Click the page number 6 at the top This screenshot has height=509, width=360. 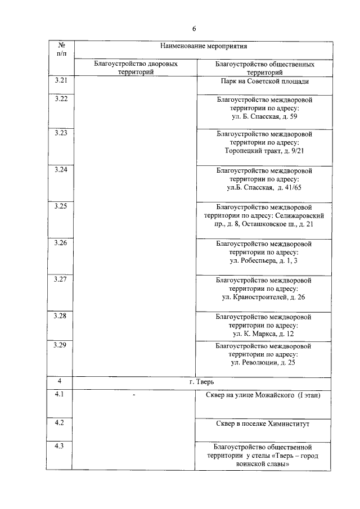[x=194, y=28]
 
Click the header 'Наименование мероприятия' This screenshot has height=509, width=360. [x=204, y=46]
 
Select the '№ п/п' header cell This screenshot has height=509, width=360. [x=60, y=49]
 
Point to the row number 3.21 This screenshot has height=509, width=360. [x=60, y=80]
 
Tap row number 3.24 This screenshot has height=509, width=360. [x=60, y=169]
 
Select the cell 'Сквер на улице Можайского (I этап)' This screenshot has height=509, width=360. [x=264, y=396]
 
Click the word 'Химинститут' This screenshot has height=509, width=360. [x=288, y=423]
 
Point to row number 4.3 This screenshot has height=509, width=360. [x=60, y=447]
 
